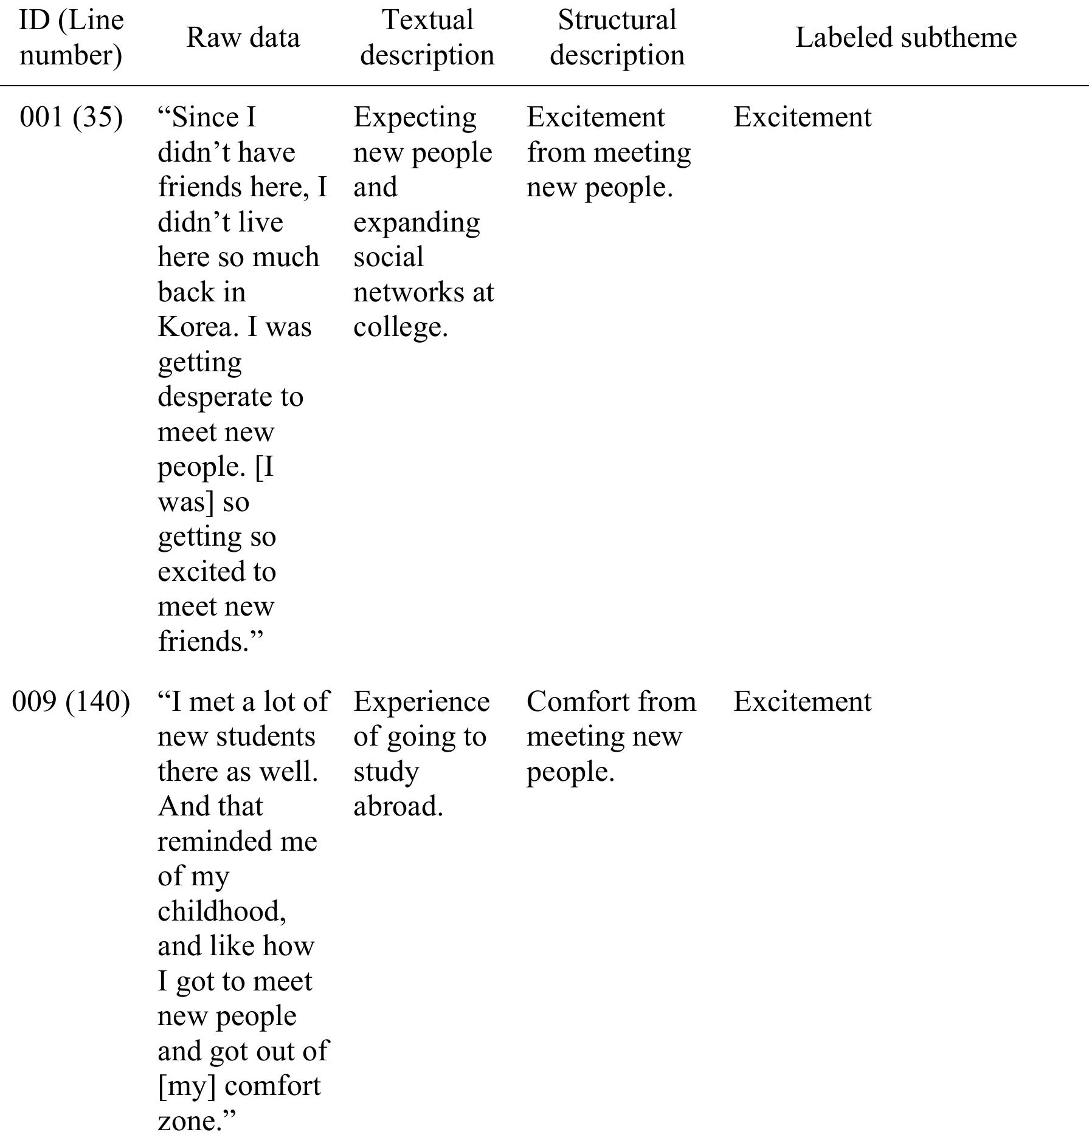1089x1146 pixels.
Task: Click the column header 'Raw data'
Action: [243, 38]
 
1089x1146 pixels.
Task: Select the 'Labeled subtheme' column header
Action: [905, 38]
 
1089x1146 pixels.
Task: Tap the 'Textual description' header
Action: [427, 38]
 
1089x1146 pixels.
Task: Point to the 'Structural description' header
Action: [617, 38]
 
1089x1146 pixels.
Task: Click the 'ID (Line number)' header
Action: [71, 38]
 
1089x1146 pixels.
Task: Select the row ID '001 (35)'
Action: [71, 117]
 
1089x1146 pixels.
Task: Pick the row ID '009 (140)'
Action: [71, 702]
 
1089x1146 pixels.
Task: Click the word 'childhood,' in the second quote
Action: [222, 911]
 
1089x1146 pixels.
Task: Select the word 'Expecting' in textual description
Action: [415, 117]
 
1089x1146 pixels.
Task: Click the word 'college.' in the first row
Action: [400, 328]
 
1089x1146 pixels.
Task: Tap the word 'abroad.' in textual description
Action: [398, 807]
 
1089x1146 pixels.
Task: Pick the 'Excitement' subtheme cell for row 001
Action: [802, 117]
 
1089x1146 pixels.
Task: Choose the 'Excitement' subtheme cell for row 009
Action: [802, 702]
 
